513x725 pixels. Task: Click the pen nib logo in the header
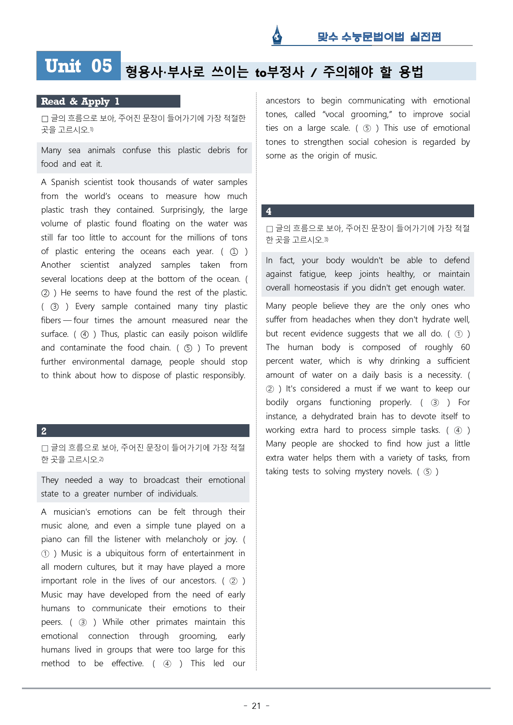[x=277, y=35]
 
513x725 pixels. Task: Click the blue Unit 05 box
[x=79, y=66]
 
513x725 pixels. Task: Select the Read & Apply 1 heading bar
[x=108, y=101]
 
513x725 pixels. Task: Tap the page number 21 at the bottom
[x=256, y=706]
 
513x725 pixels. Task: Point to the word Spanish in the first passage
[x=65, y=182]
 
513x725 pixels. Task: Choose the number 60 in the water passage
[x=465, y=347]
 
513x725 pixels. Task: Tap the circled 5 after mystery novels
[x=428, y=472]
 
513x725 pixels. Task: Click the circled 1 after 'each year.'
[x=234, y=252]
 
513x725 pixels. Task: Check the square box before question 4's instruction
[x=270, y=229]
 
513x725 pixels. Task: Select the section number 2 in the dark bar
[x=44, y=431]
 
